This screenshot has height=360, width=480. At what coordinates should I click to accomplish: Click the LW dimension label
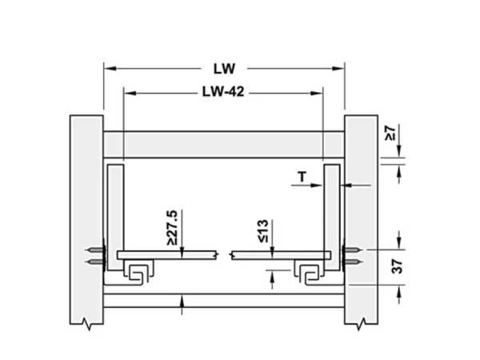coord(224,69)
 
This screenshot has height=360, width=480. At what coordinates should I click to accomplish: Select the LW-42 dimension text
coord(223,91)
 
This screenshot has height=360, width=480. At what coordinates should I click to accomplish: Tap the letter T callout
coord(302,177)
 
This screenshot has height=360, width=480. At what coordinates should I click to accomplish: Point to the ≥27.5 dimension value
coord(172,227)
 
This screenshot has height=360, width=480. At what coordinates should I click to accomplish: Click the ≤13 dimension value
coord(263,231)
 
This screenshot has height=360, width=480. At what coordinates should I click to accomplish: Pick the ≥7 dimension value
coord(390,133)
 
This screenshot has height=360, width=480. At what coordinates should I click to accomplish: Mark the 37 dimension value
coord(397,266)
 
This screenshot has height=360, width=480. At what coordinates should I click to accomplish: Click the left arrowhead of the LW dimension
coord(110,68)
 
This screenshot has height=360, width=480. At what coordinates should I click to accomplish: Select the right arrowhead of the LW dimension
coord(338,68)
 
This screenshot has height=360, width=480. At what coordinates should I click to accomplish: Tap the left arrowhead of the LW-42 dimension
coord(130,93)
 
